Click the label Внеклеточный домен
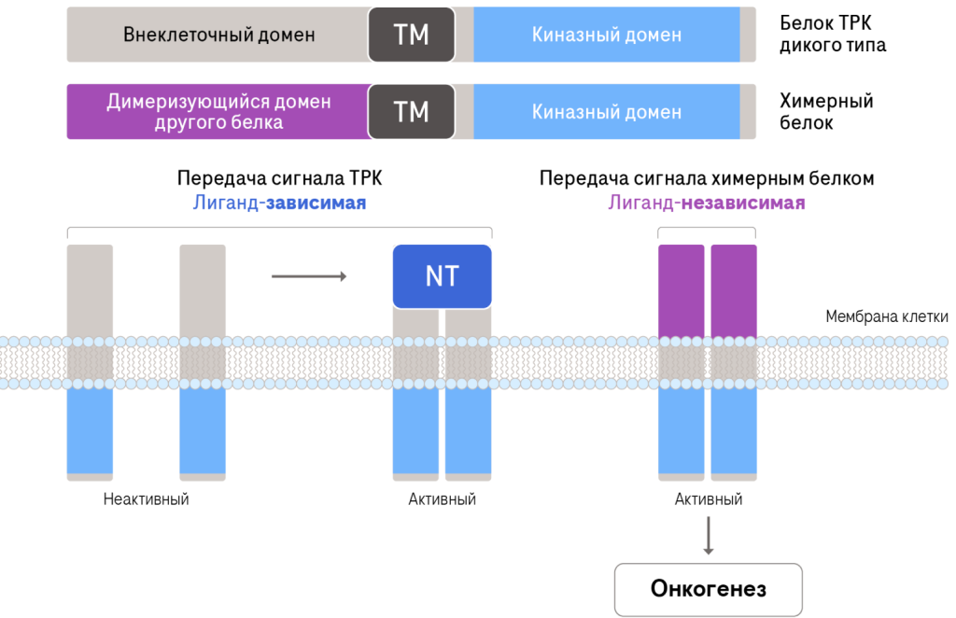(x=218, y=35)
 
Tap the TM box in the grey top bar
(x=411, y=35)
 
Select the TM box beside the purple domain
(x=411, y=112)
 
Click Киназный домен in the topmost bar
(x=607, y=35)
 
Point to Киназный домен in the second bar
(x=607, y=112)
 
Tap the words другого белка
(x=218, y=122)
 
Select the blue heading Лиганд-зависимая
(x=279, y=203)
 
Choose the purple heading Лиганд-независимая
(x=707, y=203)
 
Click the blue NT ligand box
(x=442, y=276)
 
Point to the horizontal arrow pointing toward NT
(x=309, y=276)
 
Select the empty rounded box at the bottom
(x=708, y=589)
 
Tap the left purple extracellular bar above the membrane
(x=682, y=289)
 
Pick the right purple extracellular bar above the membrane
(x=734, y=289)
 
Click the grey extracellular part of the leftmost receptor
(x=90, y=289)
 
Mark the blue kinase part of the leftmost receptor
(x=90, y=429)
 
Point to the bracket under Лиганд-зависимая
(x=279, y=229)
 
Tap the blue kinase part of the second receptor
(x=203, y=429)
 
